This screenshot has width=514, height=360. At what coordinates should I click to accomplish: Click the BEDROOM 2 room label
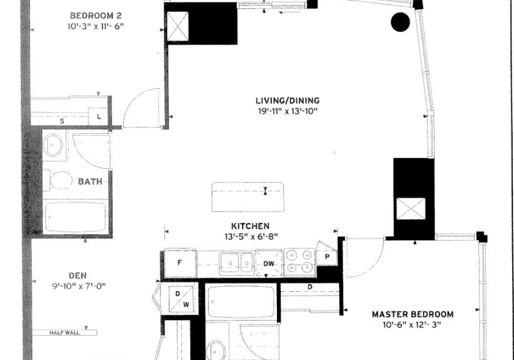[96, 16]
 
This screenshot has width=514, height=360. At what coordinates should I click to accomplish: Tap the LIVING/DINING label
[288, 101]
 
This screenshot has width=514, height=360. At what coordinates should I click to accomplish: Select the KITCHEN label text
[251, 226]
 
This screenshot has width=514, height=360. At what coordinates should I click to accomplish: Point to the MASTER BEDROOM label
[413, 314]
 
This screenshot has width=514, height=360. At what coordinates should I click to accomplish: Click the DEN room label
[78, 276]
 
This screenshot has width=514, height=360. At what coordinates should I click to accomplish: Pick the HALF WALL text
[64, 332]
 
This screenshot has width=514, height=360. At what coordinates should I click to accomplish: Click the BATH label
[90, 181]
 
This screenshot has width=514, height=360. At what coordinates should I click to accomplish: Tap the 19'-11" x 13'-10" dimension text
[288, 111]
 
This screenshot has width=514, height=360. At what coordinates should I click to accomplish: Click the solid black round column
[400, 22]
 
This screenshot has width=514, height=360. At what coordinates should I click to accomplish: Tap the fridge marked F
[180, 263]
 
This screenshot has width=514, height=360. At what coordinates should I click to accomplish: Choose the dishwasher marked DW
[269, 263]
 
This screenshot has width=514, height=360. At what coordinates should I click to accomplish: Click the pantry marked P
[327, 255]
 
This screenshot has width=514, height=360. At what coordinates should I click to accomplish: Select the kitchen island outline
[248, 197]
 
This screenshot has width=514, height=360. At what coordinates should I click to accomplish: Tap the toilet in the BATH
[58, 179]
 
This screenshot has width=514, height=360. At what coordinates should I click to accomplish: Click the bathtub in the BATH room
[76, 217]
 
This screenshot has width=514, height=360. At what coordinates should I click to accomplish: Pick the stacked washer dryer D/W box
[181, 299]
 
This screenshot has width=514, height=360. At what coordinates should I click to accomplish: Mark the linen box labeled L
[98, 116]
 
